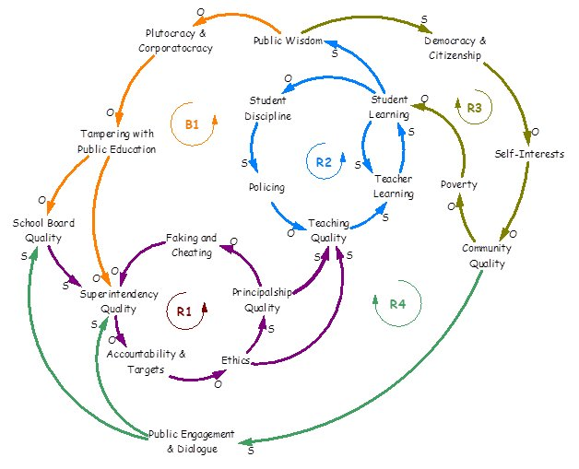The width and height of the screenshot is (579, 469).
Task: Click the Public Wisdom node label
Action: click(288, 41)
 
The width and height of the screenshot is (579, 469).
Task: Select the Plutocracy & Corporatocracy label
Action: click(175, 41)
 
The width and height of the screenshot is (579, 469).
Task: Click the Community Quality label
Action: click(487, 255)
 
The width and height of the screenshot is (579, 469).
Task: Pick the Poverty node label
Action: click(458, 184)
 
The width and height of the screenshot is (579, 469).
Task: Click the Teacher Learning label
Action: click(393, 187)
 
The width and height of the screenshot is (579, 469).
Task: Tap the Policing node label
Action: click(266, 187)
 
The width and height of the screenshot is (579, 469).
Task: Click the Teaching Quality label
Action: click(329, 230)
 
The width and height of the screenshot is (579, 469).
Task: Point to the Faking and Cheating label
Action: click(191, 244)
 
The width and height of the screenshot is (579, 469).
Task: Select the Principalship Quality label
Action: click(262, 300)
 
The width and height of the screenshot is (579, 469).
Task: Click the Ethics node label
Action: click(235, 360)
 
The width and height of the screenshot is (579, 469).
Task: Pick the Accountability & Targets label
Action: click(147, 361)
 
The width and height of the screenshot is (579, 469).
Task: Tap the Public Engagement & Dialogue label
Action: click(192, 440)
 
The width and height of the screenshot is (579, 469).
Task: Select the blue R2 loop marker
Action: click(323, 162)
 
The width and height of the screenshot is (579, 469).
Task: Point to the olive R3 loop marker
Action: click(474, 108)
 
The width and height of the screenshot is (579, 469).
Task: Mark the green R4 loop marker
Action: click(397, 304)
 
